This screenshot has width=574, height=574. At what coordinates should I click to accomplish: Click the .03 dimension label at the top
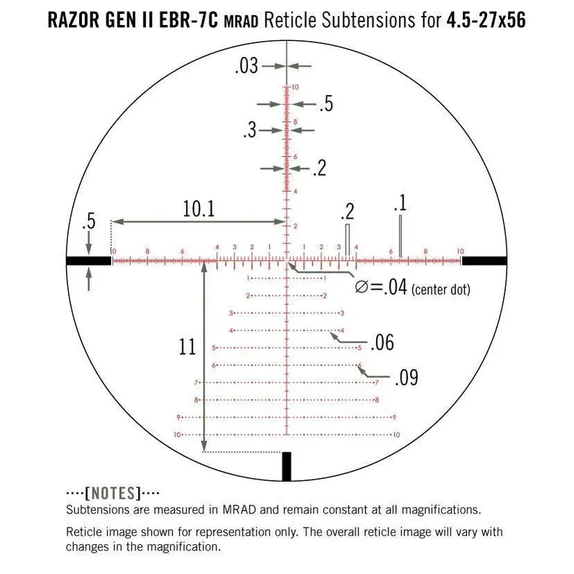pos(247,66)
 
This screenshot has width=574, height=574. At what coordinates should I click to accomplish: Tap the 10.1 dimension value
pos(199,209)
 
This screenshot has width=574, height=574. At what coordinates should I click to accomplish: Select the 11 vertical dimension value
pos(187,347)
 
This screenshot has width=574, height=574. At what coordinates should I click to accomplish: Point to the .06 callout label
pos(382,343)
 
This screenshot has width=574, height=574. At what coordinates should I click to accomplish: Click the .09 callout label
pos(406,378)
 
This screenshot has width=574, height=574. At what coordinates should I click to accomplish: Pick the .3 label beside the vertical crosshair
pos(249,130)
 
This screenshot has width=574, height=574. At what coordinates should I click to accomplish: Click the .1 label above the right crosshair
pos(400,203)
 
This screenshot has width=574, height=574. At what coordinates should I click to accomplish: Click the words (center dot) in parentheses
pos(441,289)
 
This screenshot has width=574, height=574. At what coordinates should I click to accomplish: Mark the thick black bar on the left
pos(88,261)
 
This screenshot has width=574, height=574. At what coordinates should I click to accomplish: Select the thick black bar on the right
pos(484,261)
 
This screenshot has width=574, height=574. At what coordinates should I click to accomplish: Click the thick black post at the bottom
pos(286,466)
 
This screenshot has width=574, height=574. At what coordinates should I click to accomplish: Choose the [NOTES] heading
pos(112,493)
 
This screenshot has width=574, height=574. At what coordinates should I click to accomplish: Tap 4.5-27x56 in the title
pos(486,20)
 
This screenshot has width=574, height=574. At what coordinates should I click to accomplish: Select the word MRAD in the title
pos(242,22)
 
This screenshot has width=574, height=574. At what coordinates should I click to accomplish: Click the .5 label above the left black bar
pos(88,223)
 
